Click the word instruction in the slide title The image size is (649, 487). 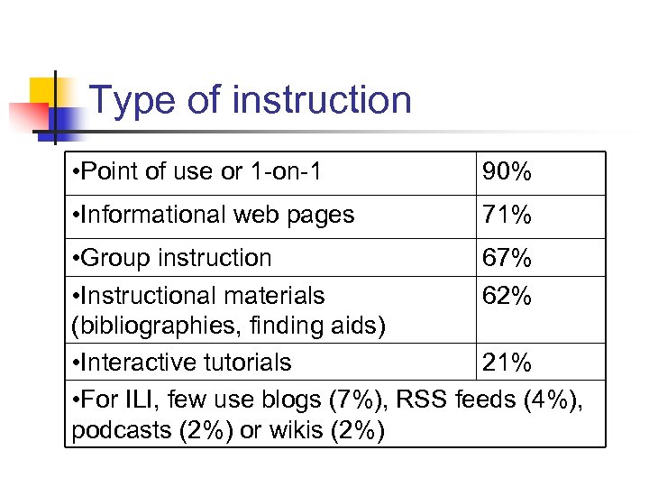pos(322,100)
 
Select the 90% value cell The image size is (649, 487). pos(506,172)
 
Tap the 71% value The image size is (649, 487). pos(506,216)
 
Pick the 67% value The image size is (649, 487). pos(506,258)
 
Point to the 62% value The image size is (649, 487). pos(506,296)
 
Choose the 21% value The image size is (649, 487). pos(506,363)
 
